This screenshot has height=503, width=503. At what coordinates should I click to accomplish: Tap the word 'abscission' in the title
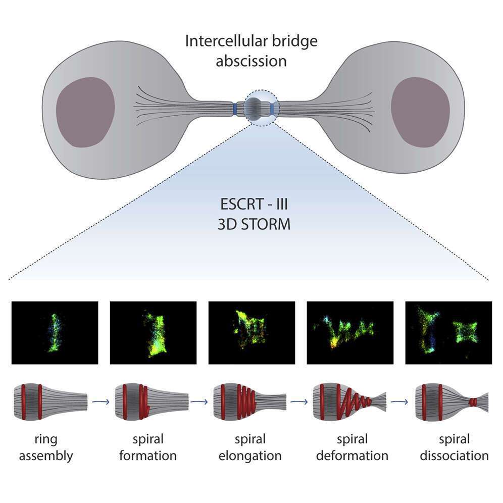coord(251,61)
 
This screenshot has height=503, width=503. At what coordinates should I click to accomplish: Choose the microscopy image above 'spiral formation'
coord(153,332)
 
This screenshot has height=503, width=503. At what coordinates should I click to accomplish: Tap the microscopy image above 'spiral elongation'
coord(251,332)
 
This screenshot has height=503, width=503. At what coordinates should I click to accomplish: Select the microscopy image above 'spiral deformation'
coord(349,332)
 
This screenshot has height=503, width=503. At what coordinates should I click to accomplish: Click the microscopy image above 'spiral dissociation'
coord(448,332)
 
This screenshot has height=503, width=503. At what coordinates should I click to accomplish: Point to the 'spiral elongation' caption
coord(251,447)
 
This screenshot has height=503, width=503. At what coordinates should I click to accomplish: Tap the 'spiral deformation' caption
coord(352,447)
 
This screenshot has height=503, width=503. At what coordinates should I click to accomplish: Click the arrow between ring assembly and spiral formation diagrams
coord(101,402)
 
